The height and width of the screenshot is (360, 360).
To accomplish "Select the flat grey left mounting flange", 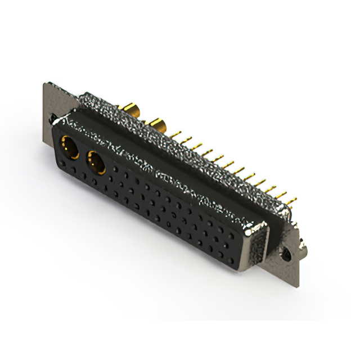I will (53, 101).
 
